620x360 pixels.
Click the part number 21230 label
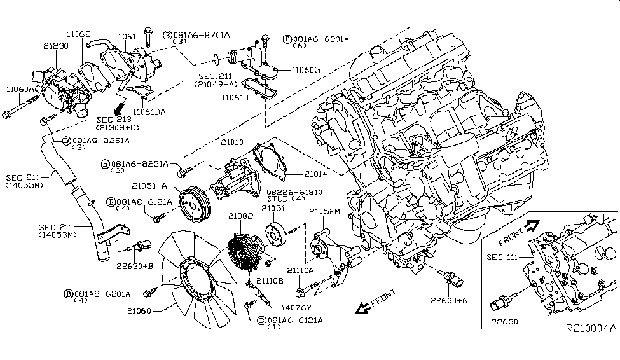57,46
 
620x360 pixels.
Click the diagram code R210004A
591,329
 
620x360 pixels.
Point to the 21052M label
326,211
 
